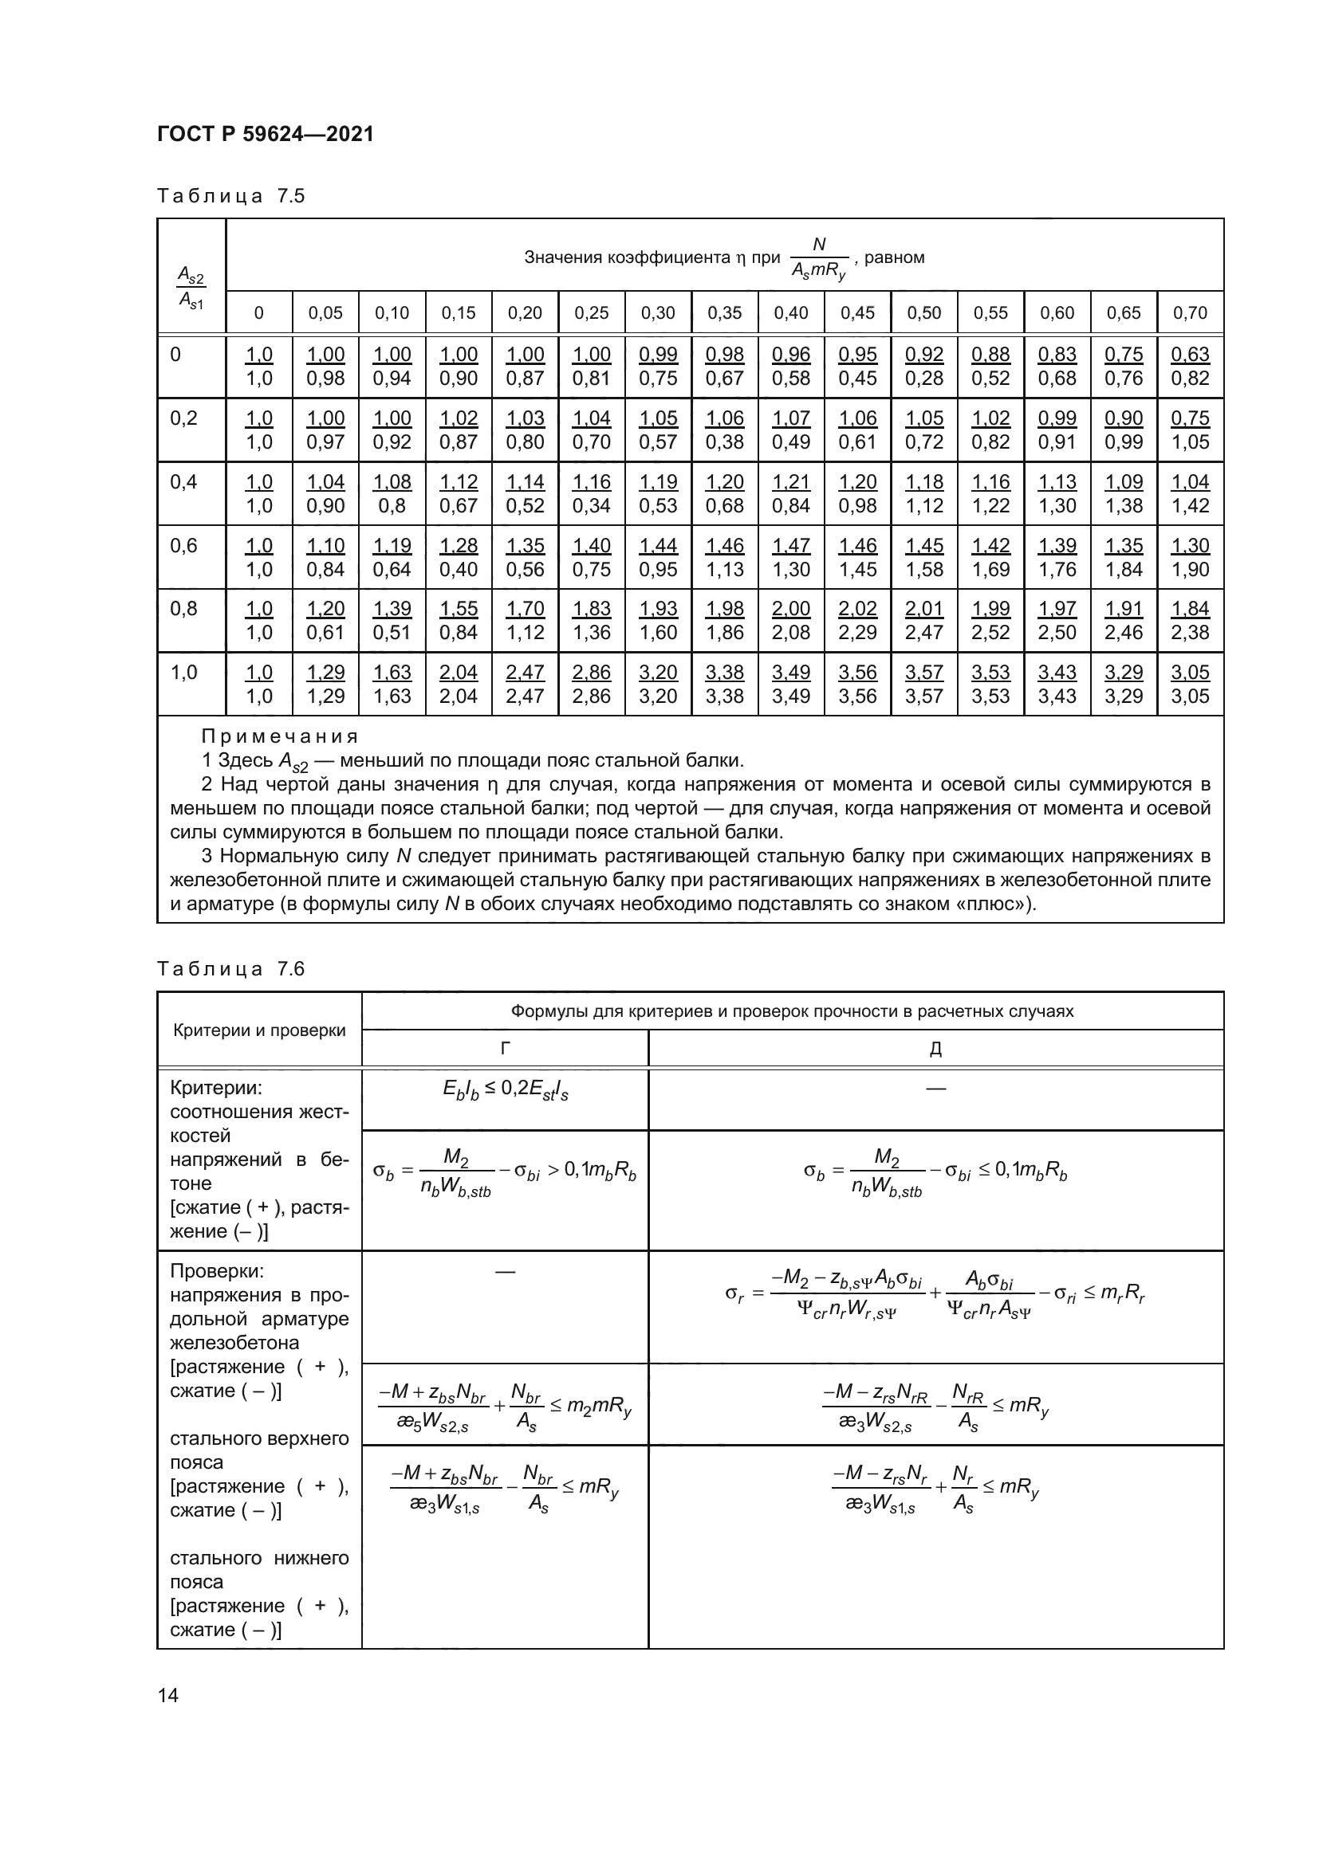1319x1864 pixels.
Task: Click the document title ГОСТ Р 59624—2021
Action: (x=265, y=134)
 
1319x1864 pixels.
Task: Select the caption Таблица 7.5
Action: (x=230, y=196)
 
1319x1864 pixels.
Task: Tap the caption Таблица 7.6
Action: (x=230, y=968)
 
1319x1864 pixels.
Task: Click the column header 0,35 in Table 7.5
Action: (x=724, y=312)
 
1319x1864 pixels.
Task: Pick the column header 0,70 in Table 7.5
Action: (x=1190, y=312)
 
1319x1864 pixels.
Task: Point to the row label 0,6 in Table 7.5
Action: (x=183, y=546)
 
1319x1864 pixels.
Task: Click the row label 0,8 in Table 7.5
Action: (x=183, y=609)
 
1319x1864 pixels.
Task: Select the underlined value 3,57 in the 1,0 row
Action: (x=924, y=673)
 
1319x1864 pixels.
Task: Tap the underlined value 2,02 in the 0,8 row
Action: (x=858, y=609)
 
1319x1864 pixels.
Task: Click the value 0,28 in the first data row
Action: (x=924, y=379)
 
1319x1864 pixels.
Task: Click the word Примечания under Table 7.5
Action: (x=279, y=736)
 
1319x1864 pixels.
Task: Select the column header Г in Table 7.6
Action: (x=504, y=1048)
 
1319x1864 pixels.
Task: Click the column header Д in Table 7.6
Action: (x=935, y=1048)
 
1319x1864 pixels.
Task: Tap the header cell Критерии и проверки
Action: (x=259, y=1030)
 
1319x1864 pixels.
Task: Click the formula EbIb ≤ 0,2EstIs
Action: (x=504, y=1090)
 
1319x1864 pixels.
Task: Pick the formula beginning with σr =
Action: (x=934, y=1294)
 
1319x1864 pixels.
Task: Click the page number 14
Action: (x=168, y=1695)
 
